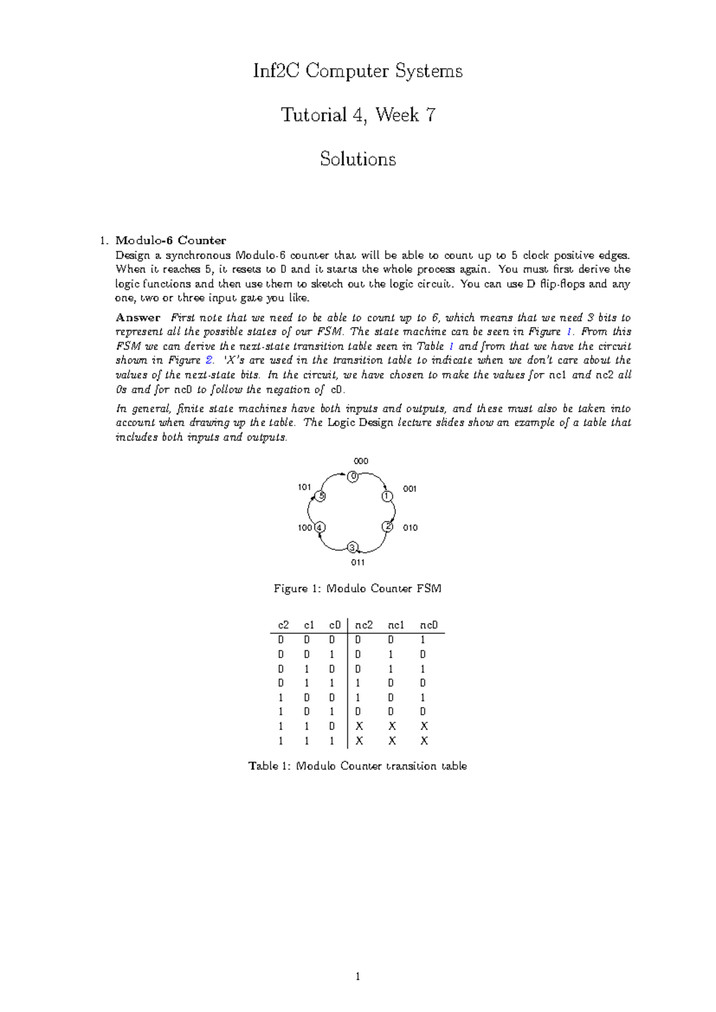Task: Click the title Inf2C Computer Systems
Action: pos(357,72)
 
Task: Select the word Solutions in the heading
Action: pos(357,159)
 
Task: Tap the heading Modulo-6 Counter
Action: pos(171,240)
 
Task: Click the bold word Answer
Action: pos(138,317)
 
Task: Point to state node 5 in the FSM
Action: pos(321,496)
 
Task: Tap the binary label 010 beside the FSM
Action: pos(410,527)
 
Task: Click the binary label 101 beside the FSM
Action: pos(304,487)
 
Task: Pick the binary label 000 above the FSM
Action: pos(361,461)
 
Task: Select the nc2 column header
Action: pos(364,625)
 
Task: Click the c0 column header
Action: pos(335,625)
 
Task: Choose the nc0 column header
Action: pos(428,625)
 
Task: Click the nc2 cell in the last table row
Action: pos(359,741)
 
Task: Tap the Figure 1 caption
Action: pos(357,589)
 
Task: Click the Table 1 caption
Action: pos(357,766)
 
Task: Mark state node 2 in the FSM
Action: pos(387,526)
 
